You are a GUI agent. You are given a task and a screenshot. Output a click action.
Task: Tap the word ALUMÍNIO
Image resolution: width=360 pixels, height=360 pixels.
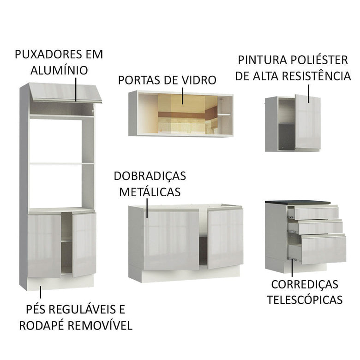(59, 70)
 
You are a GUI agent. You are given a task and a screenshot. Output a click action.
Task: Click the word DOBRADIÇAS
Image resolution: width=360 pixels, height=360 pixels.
(150, 176)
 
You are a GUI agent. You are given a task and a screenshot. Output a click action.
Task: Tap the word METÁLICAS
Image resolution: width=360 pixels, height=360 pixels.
(150, 192)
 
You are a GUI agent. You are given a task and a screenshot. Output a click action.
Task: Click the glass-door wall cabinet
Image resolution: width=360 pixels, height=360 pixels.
(181, 114)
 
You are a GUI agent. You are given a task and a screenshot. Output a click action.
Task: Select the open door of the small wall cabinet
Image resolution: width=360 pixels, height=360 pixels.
(307, 122)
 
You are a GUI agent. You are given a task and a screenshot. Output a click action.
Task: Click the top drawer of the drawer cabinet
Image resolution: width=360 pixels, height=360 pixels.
(316, 213)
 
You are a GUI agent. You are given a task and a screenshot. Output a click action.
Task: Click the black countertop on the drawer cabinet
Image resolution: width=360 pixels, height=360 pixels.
(298, 203)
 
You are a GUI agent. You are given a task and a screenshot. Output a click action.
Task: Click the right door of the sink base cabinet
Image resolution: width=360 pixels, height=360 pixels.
(225, 238)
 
